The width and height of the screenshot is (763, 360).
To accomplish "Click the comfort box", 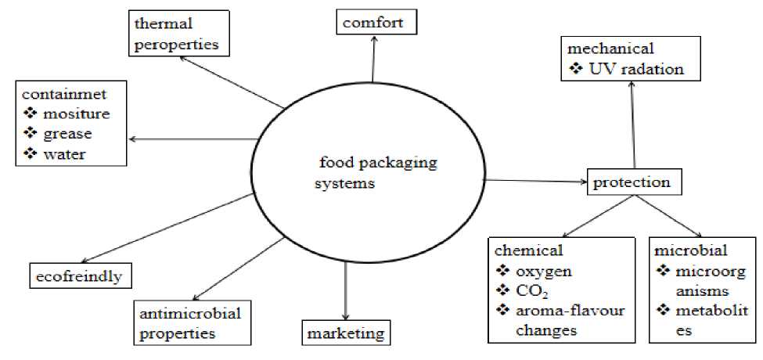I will [373, 22].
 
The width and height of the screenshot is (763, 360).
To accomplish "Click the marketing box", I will [345, 333].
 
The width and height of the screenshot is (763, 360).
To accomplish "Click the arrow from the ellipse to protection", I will [535, 182].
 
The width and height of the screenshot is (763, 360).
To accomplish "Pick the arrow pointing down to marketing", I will [345, 290].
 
